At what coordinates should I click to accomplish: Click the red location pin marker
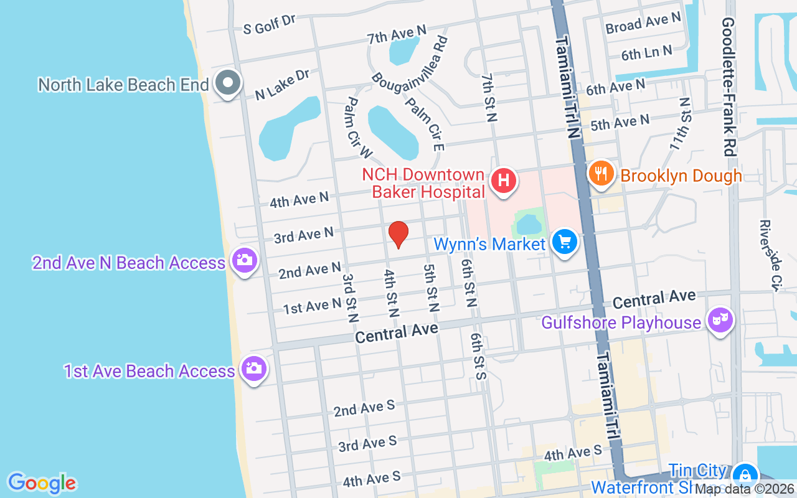click(398, 234)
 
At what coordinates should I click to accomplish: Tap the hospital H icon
click(503, 181)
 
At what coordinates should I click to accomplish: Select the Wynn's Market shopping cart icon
click(565, 242)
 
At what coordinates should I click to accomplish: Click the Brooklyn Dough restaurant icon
click(601, 174)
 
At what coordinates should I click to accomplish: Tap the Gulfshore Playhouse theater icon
click(720, 321)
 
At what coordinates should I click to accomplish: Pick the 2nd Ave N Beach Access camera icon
click(244, 260)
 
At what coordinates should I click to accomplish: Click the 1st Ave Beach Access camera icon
click(253, 369)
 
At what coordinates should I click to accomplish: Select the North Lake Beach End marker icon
click(228, 83)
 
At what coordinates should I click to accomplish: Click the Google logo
click(42, 483)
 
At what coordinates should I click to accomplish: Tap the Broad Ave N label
click(643, 23)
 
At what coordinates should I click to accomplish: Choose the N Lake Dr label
click(282, 85)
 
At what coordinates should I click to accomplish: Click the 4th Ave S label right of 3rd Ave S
click(573, 452)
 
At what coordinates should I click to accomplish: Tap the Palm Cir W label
click(359, 128)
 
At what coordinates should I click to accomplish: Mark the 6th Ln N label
click(646, 53)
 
